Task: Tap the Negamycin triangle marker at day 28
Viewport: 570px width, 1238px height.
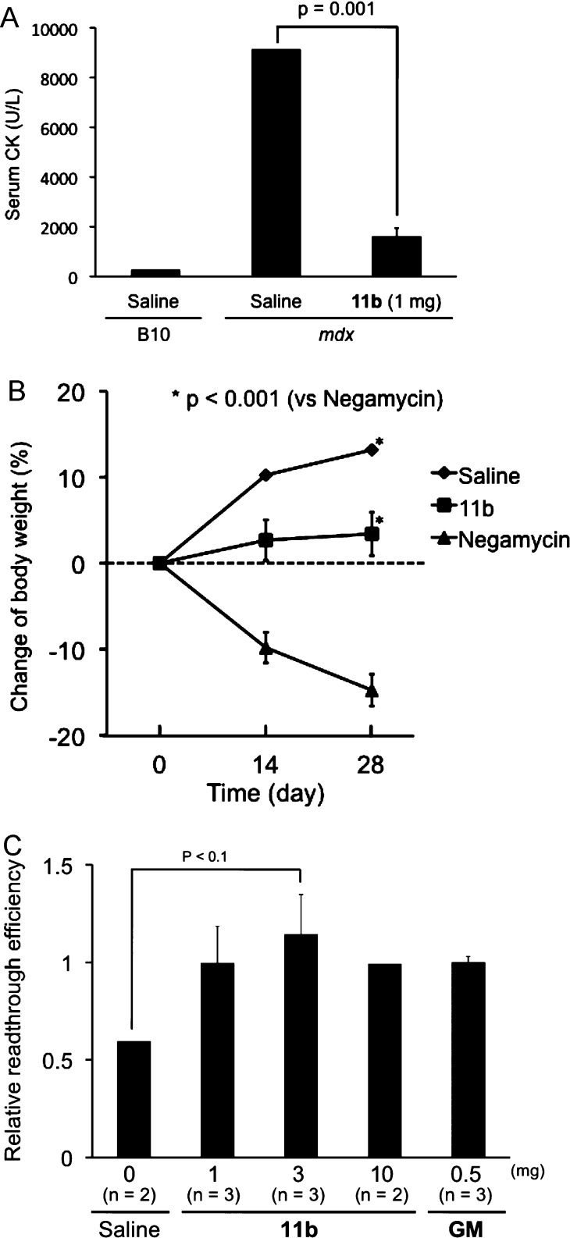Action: pos(372,691)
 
